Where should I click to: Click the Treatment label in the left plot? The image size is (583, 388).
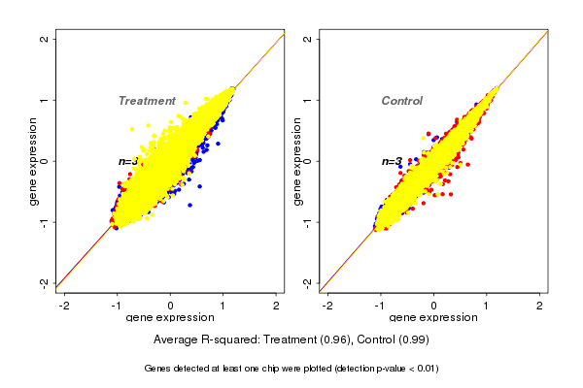[x=147, y=101]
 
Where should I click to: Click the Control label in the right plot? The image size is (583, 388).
[x=401, y=101]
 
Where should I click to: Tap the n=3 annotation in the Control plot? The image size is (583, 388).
[x=391, y=162]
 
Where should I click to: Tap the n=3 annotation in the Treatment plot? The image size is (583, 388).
[x=127, y=162]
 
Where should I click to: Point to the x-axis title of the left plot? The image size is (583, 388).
[x=171, y=318]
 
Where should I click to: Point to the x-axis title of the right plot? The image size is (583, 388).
[x=433, y=318]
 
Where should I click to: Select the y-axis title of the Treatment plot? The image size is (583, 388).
[x=35, y=161]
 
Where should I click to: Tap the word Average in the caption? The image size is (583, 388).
[x=177, y=339]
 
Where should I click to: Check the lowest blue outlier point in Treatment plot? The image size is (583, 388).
[x=190, y=205]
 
